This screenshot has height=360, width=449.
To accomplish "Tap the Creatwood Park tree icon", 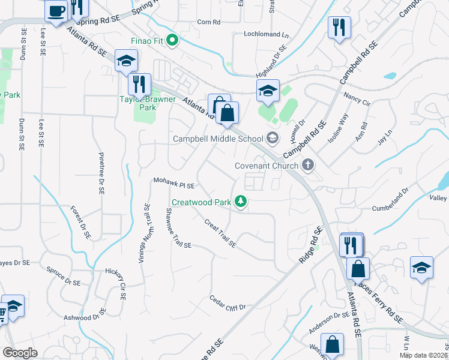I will point(241,201).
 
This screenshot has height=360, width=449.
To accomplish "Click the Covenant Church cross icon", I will point(308,164).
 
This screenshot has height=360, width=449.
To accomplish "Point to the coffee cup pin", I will point(56,11).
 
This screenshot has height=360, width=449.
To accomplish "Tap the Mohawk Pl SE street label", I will point(173,182).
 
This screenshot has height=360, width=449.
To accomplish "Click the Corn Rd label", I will point(209,22).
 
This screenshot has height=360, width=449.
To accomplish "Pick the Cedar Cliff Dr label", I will point(228,303).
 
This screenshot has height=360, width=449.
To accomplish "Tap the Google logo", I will point(20,353).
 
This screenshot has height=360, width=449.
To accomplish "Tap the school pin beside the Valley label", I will point(422,268).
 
